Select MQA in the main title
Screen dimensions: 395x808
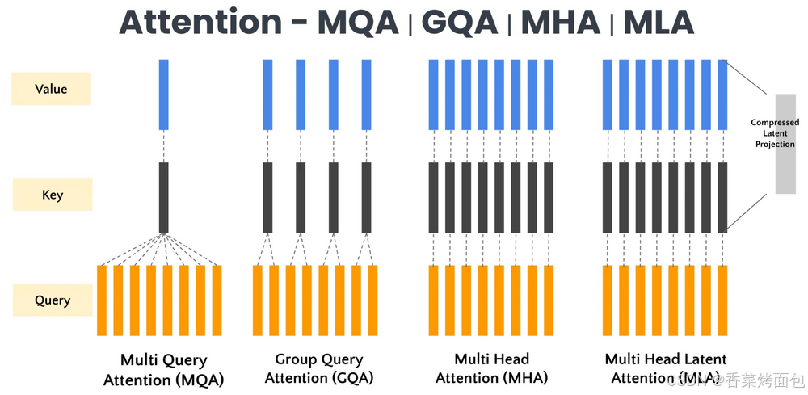(358, 22)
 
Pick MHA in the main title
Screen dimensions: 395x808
(559, 22)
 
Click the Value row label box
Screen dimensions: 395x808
(51, 89)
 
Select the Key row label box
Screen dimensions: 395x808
(52, 195)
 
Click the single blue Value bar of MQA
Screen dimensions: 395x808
(164, 94)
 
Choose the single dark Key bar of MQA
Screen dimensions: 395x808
(164, 197)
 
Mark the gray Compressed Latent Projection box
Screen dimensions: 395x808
(785, 144)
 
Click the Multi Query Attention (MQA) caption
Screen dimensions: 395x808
(164, 369)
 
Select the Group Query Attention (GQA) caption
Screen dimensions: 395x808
(318, 368)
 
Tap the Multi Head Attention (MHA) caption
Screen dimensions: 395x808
(491, 368)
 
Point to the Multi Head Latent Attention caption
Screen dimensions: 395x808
(666, 368)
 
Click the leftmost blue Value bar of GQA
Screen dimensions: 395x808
(268, 94)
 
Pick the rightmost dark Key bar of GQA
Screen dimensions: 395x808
(366, 197)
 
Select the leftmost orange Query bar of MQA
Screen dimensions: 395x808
(102, 300)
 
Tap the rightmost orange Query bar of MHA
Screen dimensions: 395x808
(549, 300)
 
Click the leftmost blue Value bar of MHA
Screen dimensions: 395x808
(434, 94)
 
